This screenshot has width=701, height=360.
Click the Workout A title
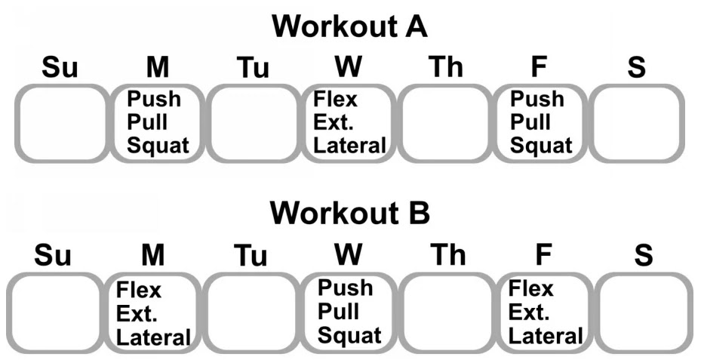350,27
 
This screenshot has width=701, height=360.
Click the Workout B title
350,214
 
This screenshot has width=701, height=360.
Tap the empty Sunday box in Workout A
61,123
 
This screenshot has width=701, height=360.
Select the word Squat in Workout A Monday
158,145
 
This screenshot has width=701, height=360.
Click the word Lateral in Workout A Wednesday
349,145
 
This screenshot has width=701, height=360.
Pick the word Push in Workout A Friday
537,99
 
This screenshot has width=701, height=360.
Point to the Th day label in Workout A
445,68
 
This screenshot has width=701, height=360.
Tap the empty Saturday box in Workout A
638,123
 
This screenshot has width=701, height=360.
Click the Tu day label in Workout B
251,257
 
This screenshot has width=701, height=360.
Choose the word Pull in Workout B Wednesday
338,312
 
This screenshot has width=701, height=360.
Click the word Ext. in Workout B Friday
530,312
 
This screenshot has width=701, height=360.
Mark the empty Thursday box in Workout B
444,311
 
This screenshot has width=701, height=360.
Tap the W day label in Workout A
348,68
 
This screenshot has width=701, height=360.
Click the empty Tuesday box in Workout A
253,123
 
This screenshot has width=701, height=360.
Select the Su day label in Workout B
53,255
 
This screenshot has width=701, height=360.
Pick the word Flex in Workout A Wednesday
335,99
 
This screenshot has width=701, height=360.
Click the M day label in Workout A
157,68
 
